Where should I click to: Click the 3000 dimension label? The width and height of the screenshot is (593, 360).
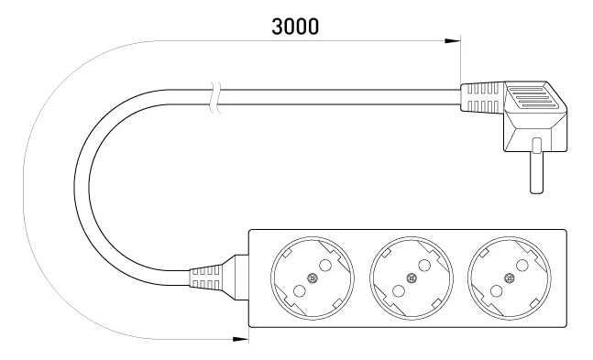click(295, 27)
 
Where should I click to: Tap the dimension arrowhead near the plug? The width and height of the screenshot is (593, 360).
click(453, 41)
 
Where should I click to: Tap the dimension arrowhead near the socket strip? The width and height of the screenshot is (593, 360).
click(241, 339)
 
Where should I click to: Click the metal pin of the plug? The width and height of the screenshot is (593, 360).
click(537, 166)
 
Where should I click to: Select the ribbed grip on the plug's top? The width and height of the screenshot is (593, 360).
click(529, 98)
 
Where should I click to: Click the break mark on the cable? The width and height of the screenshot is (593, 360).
click(215, 97)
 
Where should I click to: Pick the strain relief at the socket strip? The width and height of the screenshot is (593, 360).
click(204, 278)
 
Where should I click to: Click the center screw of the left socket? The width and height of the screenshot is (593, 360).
click(313, 278)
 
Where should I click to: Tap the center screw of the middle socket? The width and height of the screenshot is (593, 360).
click(412, 278)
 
